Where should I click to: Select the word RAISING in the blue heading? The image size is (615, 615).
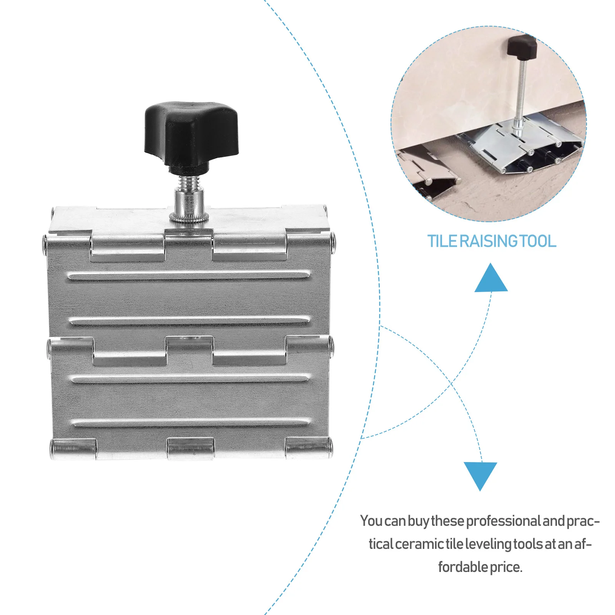click(x=489, y=241)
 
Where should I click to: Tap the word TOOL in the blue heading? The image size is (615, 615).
click(x=539, y=241)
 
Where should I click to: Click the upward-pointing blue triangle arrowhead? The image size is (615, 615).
click(x=491, y=278)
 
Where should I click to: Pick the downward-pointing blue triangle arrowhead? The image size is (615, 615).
click(x=480, y=476)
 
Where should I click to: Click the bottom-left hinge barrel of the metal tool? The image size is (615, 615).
click(x=73, y=448)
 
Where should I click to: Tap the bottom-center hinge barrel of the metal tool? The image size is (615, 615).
click(x=190, y=448)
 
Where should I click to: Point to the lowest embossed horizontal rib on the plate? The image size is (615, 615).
click(x=190, y=422)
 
